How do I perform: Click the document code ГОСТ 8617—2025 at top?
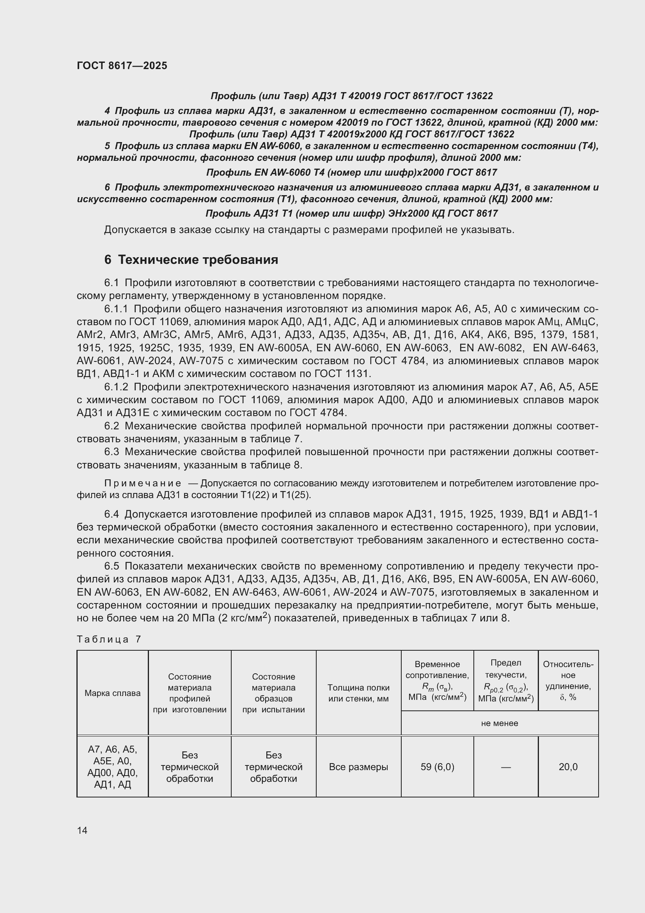point(122,66)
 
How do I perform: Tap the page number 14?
point(82,830)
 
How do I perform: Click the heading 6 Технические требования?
point(191,260)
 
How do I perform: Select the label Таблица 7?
point(109,639)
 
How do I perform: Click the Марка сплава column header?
point(112,693)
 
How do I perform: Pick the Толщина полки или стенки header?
point(358,693)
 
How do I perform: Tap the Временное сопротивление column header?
point(437,680)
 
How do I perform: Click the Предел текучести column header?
point(506,680)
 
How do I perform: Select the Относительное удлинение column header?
point(568,680)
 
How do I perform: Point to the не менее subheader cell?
point(499,723)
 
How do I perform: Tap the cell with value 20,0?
point(568,767)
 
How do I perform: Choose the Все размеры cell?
point(358,767)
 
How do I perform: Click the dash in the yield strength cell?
point(506,767)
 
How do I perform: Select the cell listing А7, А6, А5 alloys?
point(112,767)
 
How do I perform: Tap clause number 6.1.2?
point(116,387)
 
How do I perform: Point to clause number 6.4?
point(112,514)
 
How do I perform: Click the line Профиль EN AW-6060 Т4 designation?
point(351,173)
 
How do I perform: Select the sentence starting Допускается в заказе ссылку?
point(309,230)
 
